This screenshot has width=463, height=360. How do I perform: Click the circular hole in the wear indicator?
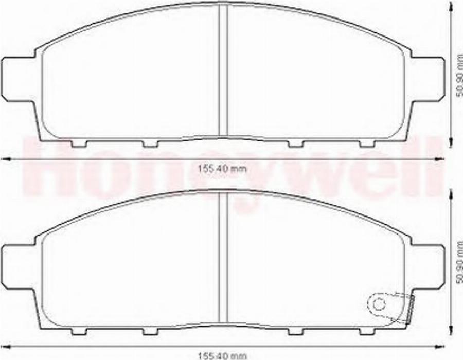[379, 303]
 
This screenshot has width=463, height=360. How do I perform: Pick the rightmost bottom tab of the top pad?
[366, 143]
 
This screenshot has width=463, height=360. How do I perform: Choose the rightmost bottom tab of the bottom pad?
[366, 330]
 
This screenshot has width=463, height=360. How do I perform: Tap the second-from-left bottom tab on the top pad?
[150, 143]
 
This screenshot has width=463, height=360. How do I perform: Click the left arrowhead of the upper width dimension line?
[6, 159]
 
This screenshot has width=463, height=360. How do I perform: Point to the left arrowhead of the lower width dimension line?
[6, 345]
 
